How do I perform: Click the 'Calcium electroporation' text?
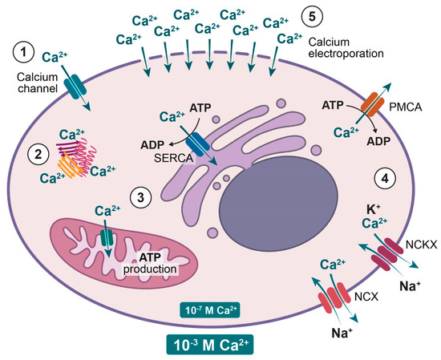click(341, 48)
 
